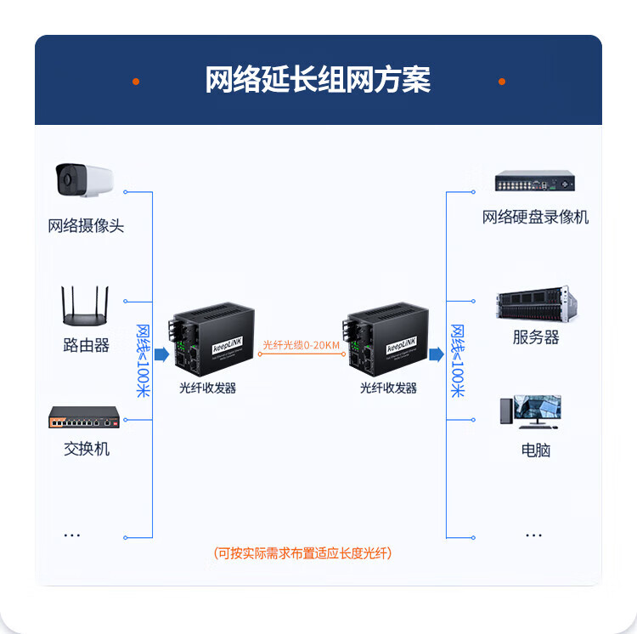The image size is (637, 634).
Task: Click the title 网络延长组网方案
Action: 318,80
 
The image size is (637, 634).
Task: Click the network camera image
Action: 84,180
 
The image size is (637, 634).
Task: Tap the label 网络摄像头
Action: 86,226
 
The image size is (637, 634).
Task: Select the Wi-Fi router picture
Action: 86,307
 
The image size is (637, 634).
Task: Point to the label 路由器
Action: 86,345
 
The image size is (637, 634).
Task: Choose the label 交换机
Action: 86,448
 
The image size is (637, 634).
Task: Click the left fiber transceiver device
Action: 208,340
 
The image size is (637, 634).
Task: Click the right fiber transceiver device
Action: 387,340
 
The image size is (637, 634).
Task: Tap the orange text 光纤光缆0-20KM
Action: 301,344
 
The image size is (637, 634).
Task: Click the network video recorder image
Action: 535,181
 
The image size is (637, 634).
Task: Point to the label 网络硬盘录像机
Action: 535,218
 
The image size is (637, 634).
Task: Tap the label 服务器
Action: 535,337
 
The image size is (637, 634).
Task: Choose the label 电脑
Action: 535,450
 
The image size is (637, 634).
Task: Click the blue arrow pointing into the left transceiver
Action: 161,354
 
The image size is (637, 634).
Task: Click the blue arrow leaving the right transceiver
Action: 437,354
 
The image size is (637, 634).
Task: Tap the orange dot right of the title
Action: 502,82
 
